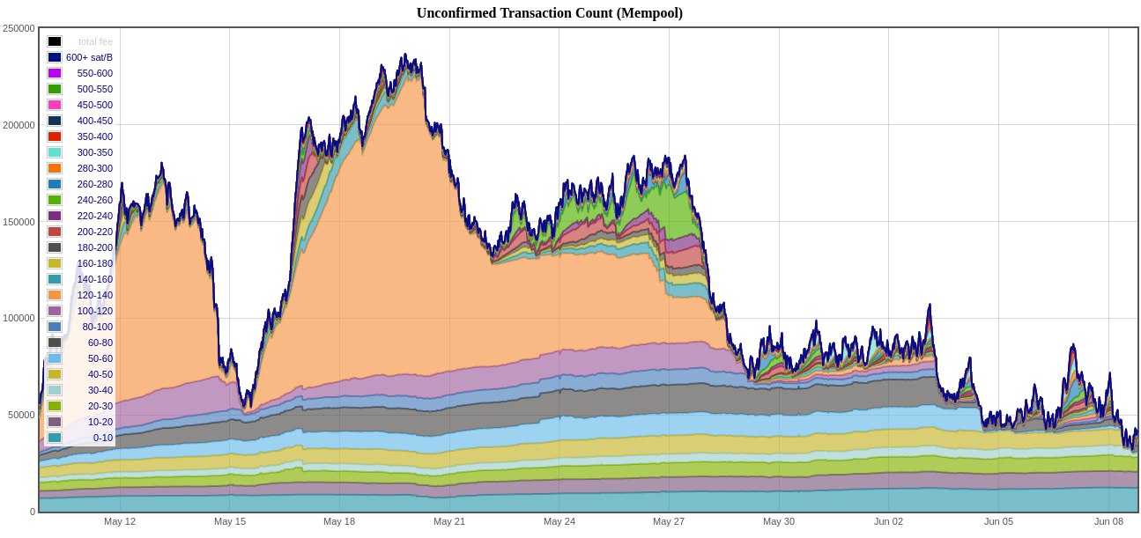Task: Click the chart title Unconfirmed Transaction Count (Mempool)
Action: click(x=549, y=13)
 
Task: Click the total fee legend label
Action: click(x=95, y=41)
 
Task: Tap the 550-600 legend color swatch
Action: click(x=55, y=73)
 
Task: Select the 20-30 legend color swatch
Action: click(x=55, y=406)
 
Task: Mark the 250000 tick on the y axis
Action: click(x=19, y=28)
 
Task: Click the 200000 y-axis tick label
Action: click(x=19, y=125)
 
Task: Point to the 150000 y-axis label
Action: click(x=19, y=222)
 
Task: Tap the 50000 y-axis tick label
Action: click(x=21, y=415)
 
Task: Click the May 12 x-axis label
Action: click(x=120, y=521)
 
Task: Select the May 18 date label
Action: click(x=339, y=521)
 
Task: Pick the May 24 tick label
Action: click(x=559, y=521)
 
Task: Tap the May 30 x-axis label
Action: click(x=779, y=521)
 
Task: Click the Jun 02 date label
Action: click(x=888, y=521)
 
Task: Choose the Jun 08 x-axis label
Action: click(x=1108, y=521)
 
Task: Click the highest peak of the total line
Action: click(x=404, y=54)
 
